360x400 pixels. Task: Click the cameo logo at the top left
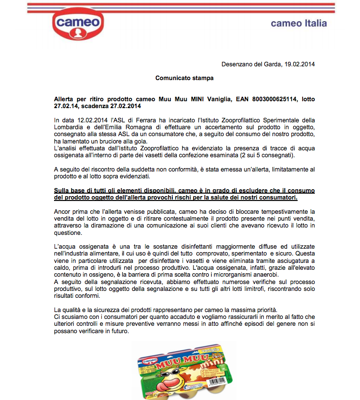78,23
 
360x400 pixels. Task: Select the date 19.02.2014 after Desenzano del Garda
299,64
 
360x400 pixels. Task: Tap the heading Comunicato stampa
185,78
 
